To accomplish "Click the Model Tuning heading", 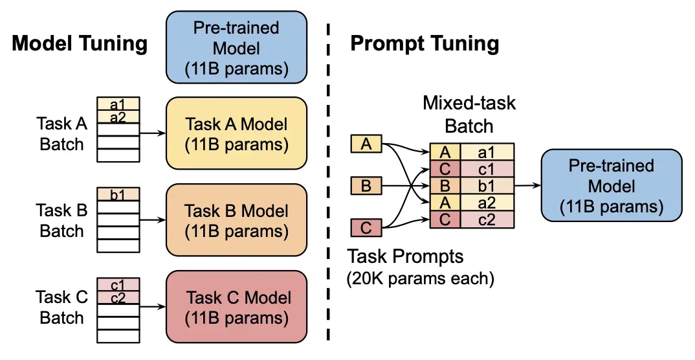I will [80, 44].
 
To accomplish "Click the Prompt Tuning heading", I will [425, 44].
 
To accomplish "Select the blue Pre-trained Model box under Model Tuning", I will [236, 48].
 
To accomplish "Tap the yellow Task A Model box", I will [236, 133].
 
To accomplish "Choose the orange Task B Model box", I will [236, 220].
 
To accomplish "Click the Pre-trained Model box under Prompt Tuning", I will [611, 186].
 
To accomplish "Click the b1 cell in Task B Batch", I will [118, 194].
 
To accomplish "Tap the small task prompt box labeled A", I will [366, 144].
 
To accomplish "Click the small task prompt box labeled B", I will [366, 186].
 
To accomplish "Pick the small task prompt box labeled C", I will [366, 228].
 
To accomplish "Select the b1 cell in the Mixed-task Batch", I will [487, 186].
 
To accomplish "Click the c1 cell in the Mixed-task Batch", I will [487, 169].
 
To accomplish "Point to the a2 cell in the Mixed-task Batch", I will [487, 203].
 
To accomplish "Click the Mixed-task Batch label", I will [469, 114].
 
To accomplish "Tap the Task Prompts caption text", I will [406, 256].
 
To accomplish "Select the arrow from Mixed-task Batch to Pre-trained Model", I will [527, 186].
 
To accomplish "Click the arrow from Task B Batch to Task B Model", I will [153, 220].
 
